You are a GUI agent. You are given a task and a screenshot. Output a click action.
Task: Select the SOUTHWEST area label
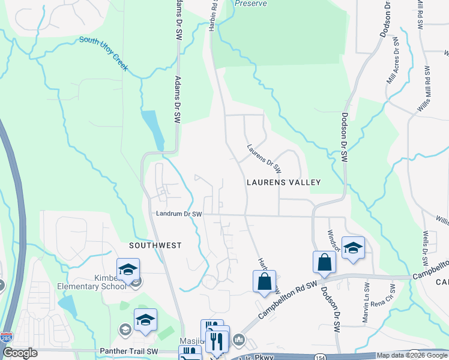click(x=155, y=246)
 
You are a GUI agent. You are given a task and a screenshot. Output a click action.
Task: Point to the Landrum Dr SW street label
click(x=179, y=214)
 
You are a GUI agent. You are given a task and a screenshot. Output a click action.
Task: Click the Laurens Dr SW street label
click(x=264, y=158)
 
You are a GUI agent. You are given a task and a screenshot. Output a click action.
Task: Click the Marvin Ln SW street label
click(x=366, y=304)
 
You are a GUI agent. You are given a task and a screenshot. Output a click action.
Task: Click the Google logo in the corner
click(x=20, y=353)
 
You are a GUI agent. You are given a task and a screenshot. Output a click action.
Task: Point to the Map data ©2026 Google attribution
click(x=411, y=355)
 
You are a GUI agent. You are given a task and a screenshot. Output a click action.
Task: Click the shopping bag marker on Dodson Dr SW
click(x=324, y=263)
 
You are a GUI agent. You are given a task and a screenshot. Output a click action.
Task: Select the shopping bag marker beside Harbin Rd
click(x=264, y=282)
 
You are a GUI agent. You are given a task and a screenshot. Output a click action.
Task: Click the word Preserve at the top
click(x=251, y=3)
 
